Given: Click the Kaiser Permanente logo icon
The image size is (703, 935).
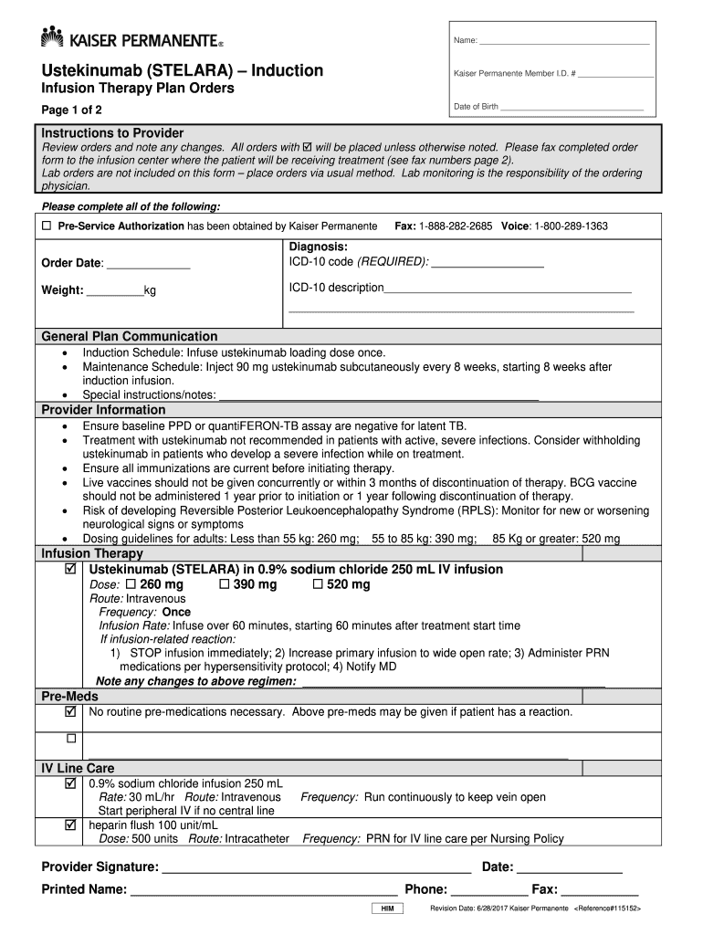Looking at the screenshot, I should (x=52, y=37).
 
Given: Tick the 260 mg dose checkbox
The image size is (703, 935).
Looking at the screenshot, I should (x=131, y=584).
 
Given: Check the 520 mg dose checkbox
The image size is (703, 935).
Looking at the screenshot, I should (x=319, y=584).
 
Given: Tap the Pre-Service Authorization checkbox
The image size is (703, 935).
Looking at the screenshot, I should (x=47, y=226).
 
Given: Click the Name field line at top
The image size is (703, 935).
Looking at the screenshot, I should (x=564, y=42).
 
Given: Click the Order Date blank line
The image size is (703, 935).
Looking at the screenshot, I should (x=149, y=266).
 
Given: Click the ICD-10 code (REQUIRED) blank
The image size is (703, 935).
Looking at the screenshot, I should (x=487, y=265).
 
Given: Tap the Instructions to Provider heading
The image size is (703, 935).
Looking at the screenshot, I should (x=112, y=133).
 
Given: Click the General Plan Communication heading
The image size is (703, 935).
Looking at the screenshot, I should (x=130, y=336).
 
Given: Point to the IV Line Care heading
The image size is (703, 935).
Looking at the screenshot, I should (x=78, y=768).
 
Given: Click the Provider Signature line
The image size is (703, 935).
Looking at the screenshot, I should (x=316, y=867).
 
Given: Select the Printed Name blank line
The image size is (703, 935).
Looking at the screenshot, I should (x=264, y=890).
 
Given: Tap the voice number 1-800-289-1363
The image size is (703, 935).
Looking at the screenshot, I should (x=572, y=226).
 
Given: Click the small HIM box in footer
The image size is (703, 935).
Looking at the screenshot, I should (x=387, y=909).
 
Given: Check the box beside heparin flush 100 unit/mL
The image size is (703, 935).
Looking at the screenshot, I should (x=71, y=825).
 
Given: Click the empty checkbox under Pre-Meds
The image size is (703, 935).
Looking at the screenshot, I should (x=71, y=738).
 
